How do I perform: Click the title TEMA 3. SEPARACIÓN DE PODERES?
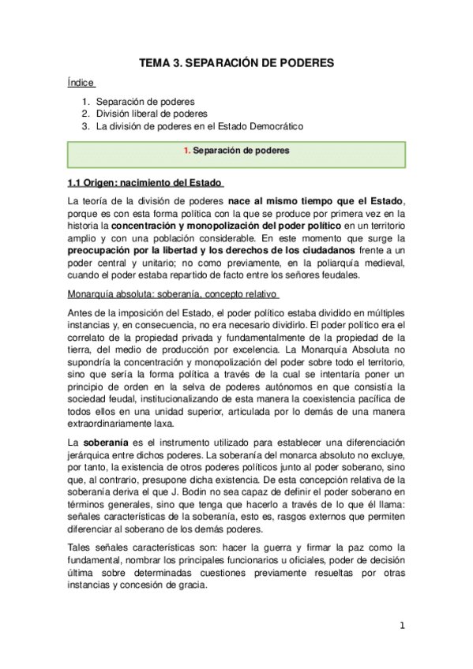click(x=236, y=62)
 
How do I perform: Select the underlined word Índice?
click(x=81, y=82)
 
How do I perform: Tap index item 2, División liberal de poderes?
click(x=152, y=114)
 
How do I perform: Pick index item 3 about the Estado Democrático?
click(x=199, y=126)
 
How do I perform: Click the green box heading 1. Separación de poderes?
click(x=236, y=150)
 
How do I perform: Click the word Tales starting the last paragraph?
click(x=82, y=548)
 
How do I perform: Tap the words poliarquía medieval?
click(x=357, y=262)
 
